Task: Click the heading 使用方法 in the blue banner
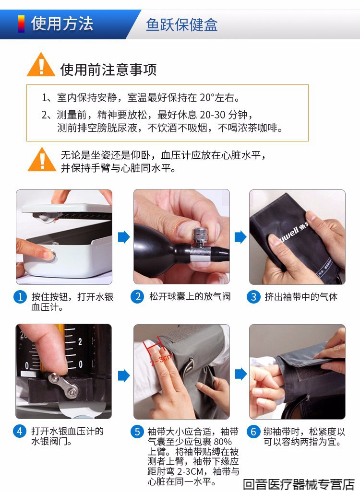coord(62,24)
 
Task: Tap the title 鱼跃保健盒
coord(181,25)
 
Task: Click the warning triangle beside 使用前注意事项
coord(41,65)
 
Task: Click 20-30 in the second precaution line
coord(213,115)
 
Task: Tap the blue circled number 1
coord(21,297)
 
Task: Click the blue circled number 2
coord(137,296)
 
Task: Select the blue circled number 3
coord(253,297)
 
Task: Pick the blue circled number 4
coord(20,431)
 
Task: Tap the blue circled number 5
coord(137,432)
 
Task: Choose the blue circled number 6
coord(253,432)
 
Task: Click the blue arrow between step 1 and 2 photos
coord(124,237)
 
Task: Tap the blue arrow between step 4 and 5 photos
coord(124,375)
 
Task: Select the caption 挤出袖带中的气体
coord(301,296)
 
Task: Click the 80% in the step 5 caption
coord(223,442)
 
